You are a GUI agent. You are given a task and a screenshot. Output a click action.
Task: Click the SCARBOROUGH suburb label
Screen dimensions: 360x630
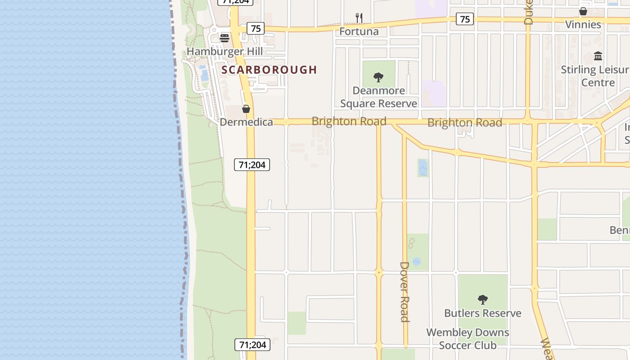269,70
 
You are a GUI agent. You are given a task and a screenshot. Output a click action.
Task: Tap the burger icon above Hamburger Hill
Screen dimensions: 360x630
225,38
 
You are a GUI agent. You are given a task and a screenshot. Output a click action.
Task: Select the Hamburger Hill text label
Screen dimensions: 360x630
225,51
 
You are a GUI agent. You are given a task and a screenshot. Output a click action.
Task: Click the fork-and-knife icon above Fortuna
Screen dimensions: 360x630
359,18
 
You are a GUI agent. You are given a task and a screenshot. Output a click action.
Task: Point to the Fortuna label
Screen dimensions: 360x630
359,31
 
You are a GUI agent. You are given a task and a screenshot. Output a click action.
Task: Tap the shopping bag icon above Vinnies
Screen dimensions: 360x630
583,11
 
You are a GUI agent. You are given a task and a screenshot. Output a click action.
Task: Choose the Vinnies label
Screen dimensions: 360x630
583,24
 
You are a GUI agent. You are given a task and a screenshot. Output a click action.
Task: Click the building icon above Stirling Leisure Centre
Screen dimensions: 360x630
598,56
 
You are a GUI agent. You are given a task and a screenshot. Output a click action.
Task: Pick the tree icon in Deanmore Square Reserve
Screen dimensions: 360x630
378,77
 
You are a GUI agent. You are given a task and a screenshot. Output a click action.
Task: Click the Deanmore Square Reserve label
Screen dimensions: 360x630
378,97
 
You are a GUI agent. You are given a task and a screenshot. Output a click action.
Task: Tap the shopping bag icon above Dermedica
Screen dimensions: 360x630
246,109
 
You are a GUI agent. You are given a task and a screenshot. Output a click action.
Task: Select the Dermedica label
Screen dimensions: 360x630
246,122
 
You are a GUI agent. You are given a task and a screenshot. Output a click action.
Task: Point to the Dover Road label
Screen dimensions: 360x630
405,292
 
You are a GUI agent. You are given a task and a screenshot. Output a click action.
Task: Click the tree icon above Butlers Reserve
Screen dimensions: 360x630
482,299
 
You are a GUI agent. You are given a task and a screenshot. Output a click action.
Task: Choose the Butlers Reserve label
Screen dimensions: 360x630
482,313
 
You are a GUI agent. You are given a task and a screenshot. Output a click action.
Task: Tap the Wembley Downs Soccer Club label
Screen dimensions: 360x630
468,339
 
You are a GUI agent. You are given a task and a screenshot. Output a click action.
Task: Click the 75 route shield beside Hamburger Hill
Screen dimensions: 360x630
256,29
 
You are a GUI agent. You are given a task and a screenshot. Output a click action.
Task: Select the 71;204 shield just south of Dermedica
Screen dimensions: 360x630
252,165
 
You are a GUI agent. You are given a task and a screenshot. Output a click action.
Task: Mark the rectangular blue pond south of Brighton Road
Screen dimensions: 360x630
423,168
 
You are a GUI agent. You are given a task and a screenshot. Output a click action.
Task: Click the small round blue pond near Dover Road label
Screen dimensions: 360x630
417,261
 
